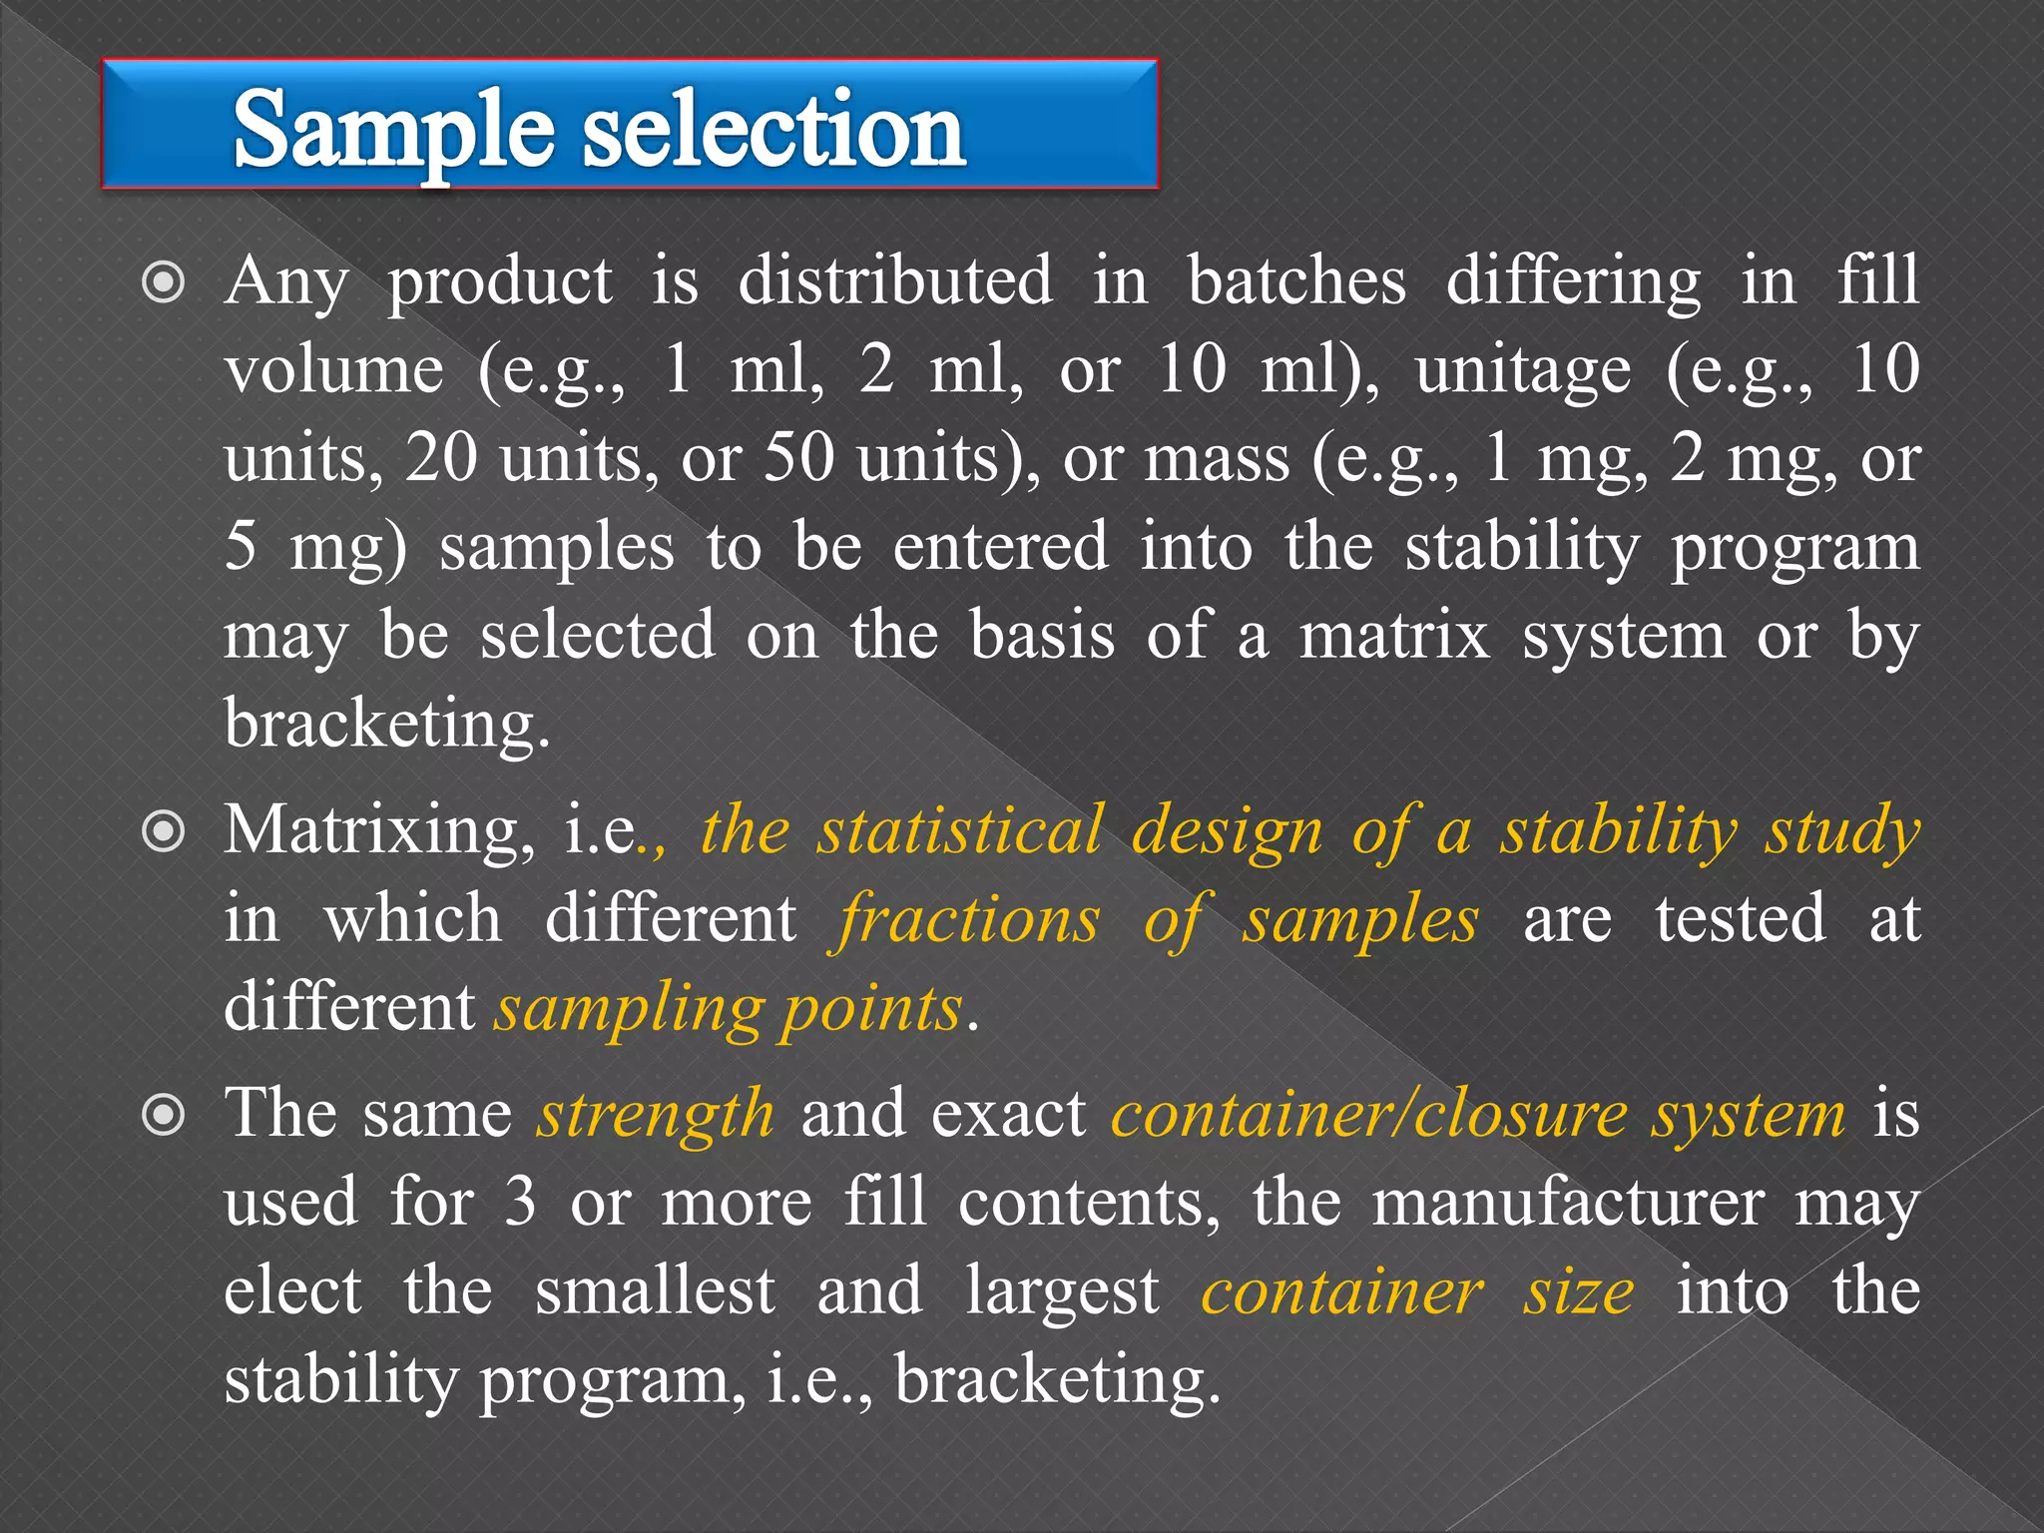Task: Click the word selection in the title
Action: point(773,130)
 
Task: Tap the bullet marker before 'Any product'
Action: point(164,283)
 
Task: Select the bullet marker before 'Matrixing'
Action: point(164,832)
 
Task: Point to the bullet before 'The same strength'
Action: point(164,1116)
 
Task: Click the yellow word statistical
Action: point(960,830)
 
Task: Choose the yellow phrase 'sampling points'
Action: point(731,1009)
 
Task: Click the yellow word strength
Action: point(656,1115)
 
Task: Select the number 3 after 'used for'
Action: point(520,1203)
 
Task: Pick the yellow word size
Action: point(1578,1291)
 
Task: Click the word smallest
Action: point(655,1291)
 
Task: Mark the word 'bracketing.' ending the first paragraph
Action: point(387,725)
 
